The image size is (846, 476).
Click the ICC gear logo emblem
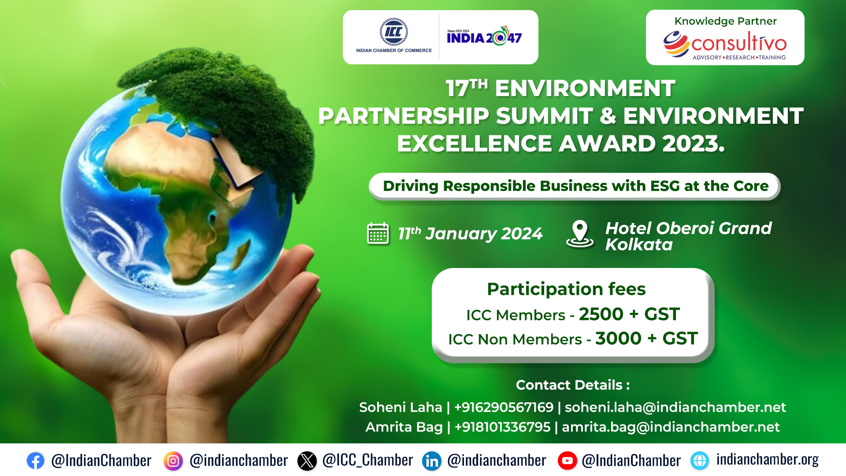pos(393,32)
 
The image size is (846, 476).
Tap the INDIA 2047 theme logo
pos(484,36)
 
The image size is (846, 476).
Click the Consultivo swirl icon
pos(676,44)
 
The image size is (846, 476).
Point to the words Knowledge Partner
pos(725,21)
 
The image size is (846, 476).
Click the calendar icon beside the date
pos(378,233)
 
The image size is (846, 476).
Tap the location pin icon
pos(580,234)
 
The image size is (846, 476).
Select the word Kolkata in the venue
pos(639,245)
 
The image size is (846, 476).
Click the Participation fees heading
pos(566,289)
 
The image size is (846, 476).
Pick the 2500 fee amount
pos(601,314)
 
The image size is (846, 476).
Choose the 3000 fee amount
pos(618,338)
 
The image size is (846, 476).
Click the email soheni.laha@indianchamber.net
pos(675,407)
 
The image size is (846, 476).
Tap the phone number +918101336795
pos(502,427)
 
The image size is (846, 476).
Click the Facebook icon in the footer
pos(35,461)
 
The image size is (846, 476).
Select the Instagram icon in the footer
pos(173,461)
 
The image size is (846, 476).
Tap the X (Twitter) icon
pos(307,461)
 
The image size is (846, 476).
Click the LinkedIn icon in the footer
pos(432,461)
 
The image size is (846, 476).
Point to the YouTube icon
pos(567,461)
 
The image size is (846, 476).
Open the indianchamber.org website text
pos(767,460)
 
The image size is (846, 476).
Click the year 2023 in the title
pos(693,144)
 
